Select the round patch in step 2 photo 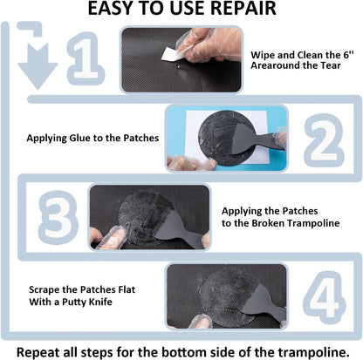pyautogui.click(x=223, y=138)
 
